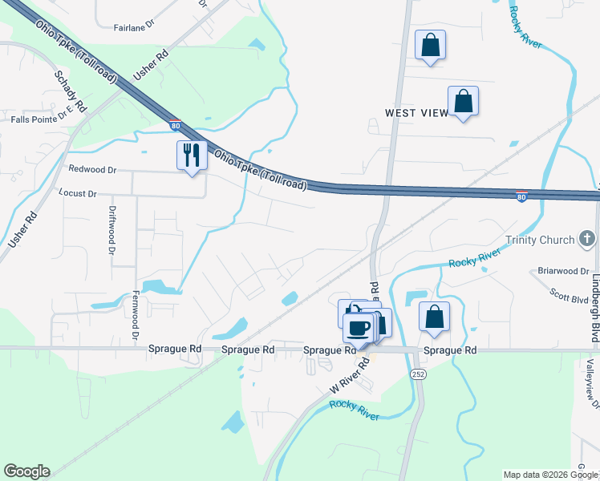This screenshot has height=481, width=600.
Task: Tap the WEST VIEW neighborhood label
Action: (416, 113)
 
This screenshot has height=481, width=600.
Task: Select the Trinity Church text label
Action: (540, 240)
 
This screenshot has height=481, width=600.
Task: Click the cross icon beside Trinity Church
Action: (588, 238)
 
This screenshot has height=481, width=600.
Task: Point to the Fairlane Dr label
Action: (134, 26)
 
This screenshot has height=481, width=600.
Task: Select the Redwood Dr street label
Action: (92, 170)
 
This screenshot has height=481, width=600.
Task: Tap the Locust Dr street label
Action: (78, 194)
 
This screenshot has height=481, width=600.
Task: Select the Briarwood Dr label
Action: (563, 271)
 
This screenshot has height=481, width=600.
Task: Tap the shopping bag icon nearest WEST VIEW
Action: (463, 102)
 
